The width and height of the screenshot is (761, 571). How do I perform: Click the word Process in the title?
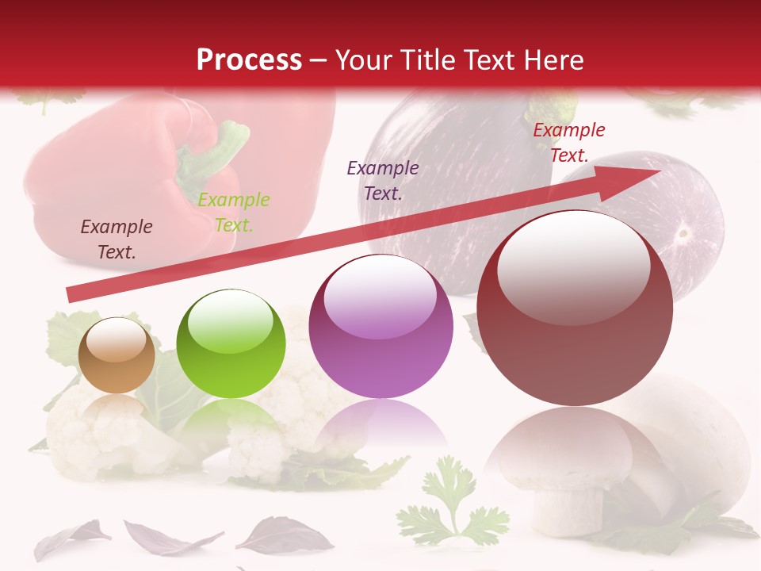(x=249, y=60)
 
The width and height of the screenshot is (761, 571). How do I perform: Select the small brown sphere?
(x=117, y=355)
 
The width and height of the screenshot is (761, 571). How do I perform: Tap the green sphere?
(x=231, y=344)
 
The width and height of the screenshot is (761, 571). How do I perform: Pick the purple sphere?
(x=380, y=326)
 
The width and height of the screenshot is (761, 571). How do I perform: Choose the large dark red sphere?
(x=575, y=308)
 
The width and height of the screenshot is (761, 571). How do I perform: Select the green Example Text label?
(x=234, y=213)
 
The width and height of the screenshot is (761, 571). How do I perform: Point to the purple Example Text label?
(x=383, y=180)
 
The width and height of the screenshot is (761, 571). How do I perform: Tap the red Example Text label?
(x=568, y=143)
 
